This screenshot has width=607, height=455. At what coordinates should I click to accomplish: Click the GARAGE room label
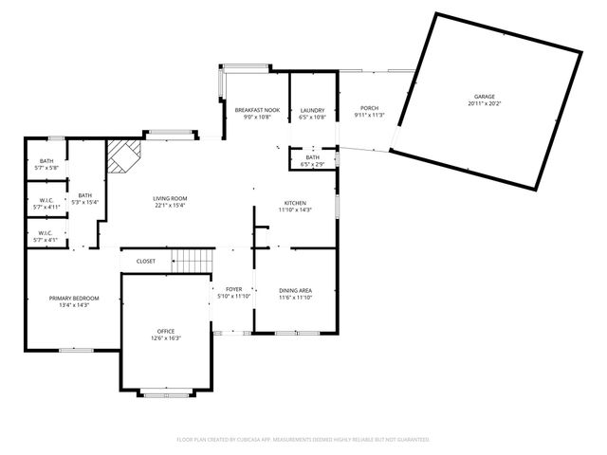pyautogui.click(x=485, y=97)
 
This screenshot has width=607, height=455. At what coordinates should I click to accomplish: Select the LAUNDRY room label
pyautogui.click(x=313, y=109)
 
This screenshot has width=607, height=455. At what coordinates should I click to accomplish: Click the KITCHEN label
pyautogui.click(x=294, y=203)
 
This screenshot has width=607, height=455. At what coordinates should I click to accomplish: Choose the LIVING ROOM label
pyautogui.click(x=170, y=198)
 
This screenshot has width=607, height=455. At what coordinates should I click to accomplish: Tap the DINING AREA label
pyautogui.click(x=295, y=290)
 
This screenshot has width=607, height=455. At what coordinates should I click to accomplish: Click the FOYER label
pyautogui.click(x=232, y=289)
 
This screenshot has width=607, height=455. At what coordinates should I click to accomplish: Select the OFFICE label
pyautogui.click(x=165, y=331)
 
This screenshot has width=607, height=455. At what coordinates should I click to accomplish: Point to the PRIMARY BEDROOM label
pyautogui.click(x=74, y=298)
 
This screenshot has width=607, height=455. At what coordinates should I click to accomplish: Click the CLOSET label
pyautogui.click(x=146, y=261)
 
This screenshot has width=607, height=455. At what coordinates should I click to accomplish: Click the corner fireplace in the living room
pyautogui.click(x=121, y=157)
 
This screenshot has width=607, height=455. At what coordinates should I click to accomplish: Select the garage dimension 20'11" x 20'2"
pyautogui.click(x=485, y=104)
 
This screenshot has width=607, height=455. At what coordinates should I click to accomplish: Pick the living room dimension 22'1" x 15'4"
pyautogui.click(x=170, y=205)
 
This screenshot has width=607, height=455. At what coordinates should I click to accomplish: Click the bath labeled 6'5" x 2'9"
pyautogui.click(x=312, y=161)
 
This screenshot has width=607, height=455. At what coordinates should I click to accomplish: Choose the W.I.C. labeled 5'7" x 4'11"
pyautogui.click(x=46, y=202)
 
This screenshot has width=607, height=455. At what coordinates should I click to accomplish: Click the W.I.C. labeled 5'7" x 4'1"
pyautogui.click(x=46, y=235)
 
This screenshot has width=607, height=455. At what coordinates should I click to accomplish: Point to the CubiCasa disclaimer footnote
pyautogui.click(x=303, y=440)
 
